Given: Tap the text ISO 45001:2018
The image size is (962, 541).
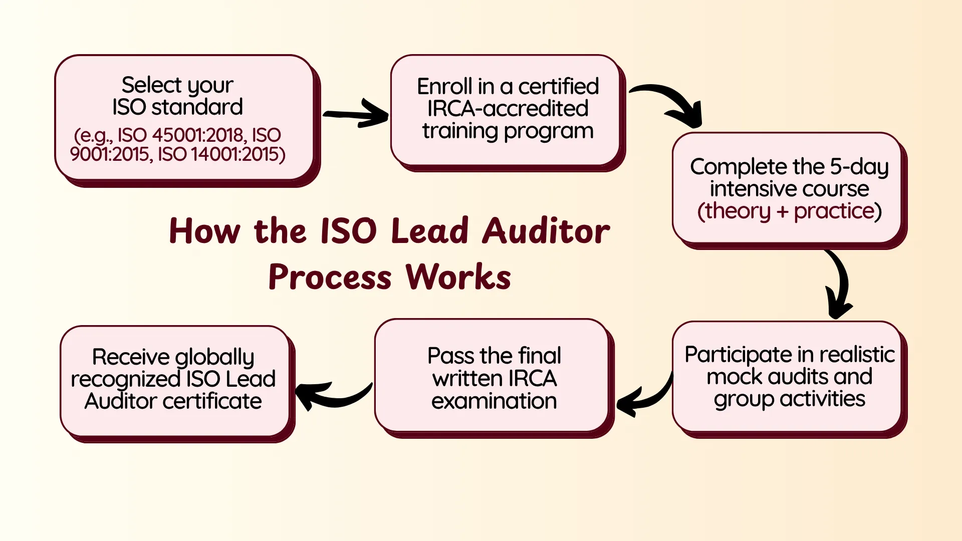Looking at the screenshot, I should (182, 135).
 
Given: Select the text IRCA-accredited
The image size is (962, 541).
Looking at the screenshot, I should (508, 109).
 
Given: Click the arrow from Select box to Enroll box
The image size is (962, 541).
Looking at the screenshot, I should (356, 114).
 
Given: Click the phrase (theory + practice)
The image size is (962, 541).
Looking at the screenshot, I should (789, 211).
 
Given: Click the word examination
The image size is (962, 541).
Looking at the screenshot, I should (494, 401).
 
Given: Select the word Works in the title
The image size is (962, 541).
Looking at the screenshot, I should (458, 277).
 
